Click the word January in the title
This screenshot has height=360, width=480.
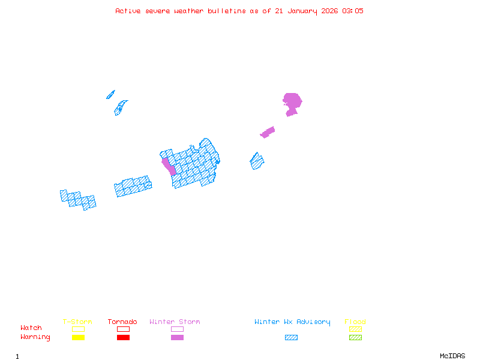point(301,11)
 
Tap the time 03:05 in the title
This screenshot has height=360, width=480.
point(352,11)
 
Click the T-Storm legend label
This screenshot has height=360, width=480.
point(77,322)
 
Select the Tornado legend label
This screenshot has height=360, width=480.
point(122,322)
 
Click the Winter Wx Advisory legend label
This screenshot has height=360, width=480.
point(292,322)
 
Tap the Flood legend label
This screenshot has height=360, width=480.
point(355,322)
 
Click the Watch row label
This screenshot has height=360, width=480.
point(31,328)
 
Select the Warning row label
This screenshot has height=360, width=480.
point(35,337)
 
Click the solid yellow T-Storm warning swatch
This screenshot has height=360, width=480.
point(78,337)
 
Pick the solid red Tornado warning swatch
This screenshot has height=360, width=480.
point(123,337)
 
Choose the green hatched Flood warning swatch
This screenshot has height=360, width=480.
point(355,337)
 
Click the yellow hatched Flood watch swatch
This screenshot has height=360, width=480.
point(355,329)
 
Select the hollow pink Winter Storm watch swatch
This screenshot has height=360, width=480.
point(177,329)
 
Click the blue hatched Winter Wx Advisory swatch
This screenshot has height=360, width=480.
point(291,337)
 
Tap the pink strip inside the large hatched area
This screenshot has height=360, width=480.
point(169,165)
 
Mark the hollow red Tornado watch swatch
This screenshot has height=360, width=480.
point(123,329)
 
